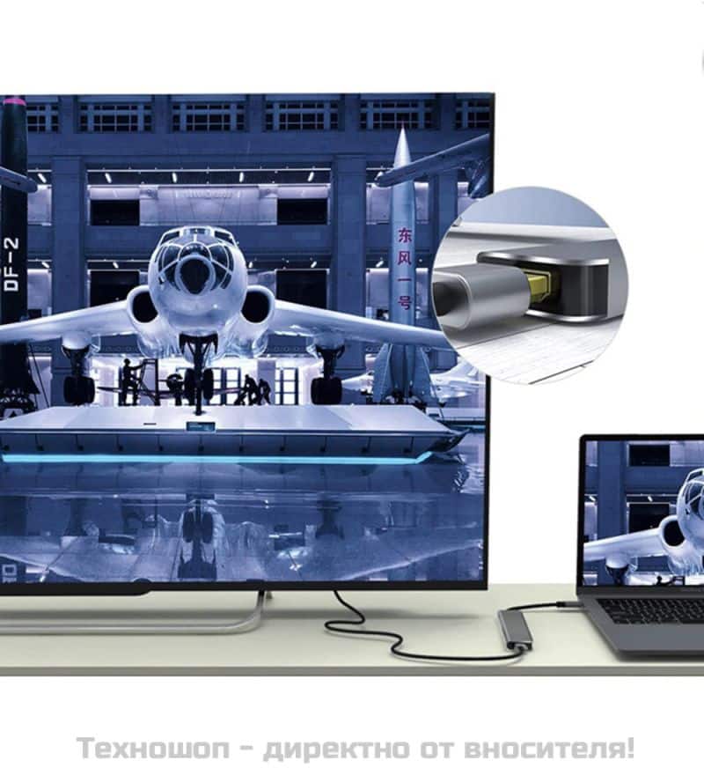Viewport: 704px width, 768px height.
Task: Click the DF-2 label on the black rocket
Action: [11, 264]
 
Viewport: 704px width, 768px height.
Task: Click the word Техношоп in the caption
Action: [152, 748]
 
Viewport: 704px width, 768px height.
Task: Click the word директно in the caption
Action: [337, 749]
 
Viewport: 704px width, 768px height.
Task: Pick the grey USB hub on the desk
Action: [514, 630]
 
